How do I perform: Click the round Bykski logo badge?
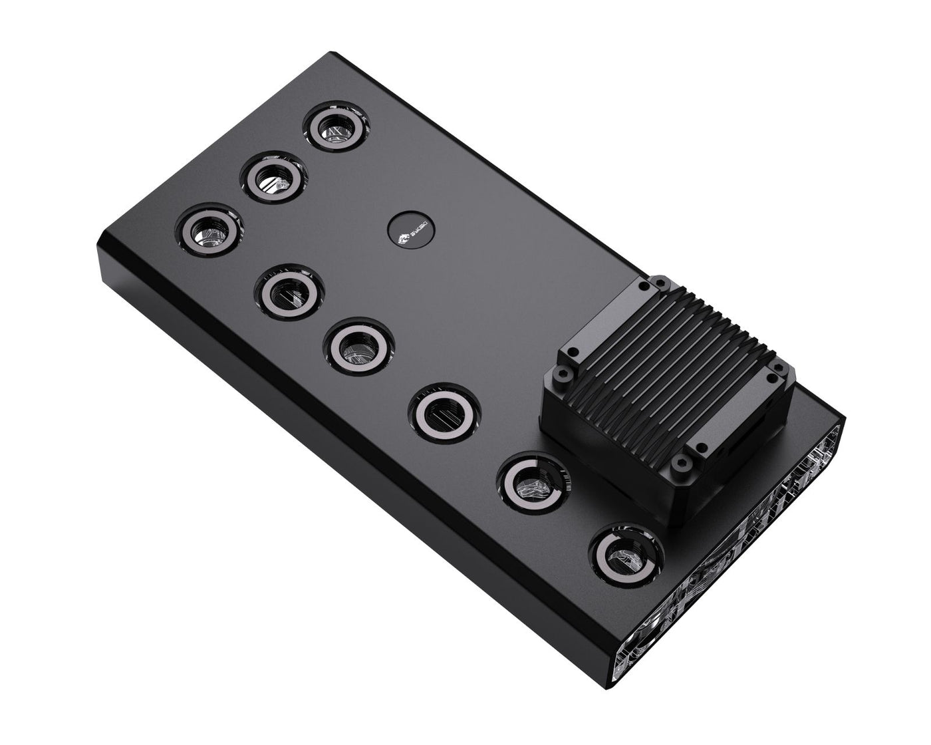[x=406, y=230]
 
